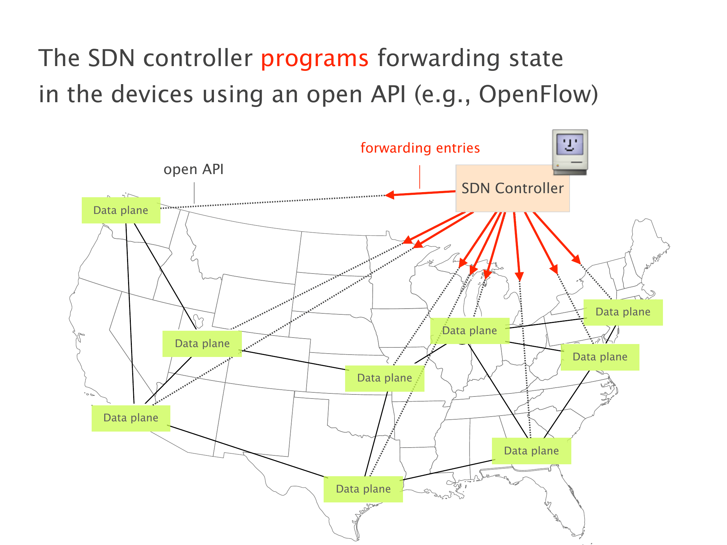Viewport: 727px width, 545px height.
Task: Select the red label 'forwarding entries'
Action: tap(420, 148)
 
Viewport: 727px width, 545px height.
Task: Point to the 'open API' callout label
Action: tap(194, 169)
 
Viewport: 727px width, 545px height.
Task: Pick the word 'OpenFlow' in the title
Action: tap(538, 94)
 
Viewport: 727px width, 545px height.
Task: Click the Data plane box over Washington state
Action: tap(121, 211)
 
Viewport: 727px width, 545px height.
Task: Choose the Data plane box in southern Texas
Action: tap(363, 489)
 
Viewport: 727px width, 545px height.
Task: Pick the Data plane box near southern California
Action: tap(131, 418)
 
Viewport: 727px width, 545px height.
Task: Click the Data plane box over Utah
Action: tap(202, 344)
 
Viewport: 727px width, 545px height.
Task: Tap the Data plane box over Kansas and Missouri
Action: tap(385, 378)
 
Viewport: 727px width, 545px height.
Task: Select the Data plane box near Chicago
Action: tap(469, 331)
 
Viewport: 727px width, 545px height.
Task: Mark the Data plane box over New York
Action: tap(623, 312)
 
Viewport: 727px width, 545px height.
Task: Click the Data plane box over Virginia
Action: tap(600, 357)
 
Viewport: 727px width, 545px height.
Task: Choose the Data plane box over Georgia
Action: tap(531, 451)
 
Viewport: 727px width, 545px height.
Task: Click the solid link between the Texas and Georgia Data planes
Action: tap(448, 470)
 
